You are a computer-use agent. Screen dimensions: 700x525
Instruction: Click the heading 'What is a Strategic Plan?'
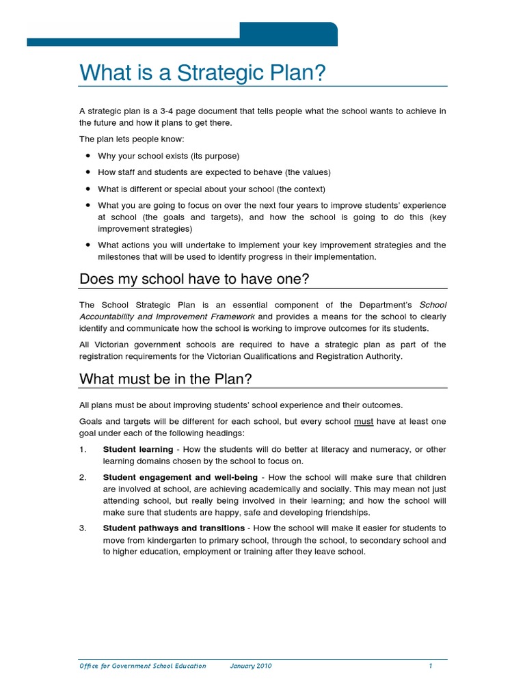pos(201,72)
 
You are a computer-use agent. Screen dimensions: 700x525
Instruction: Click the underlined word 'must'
pos(364,422)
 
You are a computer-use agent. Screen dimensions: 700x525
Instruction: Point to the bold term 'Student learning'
pos(137,450)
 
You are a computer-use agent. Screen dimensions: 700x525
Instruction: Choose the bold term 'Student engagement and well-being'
pos(180,477)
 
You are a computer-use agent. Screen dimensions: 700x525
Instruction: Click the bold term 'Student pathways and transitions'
pos(174,528)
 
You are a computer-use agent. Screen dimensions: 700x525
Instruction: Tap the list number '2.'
pos(83,477)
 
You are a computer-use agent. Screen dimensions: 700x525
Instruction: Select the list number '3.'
pos(83,528)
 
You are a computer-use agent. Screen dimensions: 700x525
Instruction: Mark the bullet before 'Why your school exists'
pos(88,155)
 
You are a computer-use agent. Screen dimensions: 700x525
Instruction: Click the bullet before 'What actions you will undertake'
pos(88,244)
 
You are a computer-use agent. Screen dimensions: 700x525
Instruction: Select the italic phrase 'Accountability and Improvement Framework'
pos(167,317)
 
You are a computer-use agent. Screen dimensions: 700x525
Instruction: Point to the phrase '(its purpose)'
pos(217,156)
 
